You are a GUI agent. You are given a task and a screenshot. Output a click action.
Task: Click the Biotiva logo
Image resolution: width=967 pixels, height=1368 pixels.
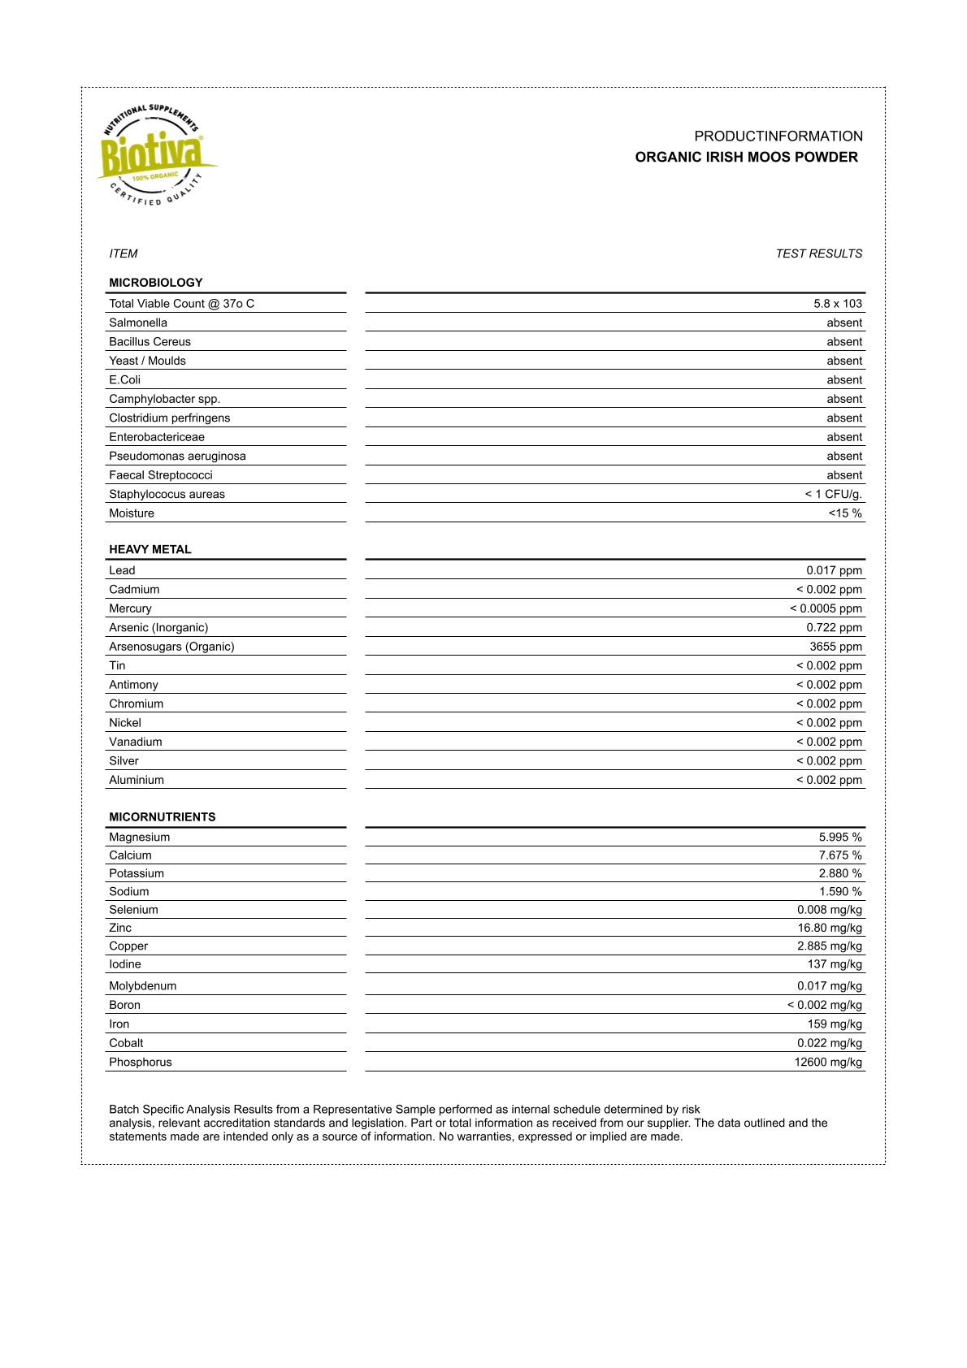(154, 154)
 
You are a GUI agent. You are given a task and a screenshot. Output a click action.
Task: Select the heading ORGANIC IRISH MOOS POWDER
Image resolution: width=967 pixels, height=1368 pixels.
(746, 158)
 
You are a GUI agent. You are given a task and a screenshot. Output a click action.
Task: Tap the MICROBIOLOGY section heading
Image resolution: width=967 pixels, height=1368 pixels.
(156, 283)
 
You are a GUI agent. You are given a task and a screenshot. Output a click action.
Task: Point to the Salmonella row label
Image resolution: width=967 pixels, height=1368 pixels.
(138, 323)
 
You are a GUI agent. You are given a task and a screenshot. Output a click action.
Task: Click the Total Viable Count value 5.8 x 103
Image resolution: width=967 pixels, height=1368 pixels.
(838, 304)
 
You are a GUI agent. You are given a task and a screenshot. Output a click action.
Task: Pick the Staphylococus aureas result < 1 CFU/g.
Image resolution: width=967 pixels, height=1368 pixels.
(834, 494)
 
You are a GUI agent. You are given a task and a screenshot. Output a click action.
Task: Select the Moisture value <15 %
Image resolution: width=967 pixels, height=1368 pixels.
(845, 513)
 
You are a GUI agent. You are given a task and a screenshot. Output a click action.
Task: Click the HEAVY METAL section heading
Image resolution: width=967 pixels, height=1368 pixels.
(150, 549)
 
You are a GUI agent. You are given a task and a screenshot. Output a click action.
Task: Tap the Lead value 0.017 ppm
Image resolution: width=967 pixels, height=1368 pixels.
(835, 570)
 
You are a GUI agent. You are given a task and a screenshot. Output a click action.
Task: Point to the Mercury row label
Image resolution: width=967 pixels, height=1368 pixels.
(130, 608)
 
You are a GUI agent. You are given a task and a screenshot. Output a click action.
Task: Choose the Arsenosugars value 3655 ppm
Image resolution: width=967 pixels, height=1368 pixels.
(836, 647)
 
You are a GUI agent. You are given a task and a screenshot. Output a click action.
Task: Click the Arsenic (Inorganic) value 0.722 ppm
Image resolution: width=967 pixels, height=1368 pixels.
(835, 628)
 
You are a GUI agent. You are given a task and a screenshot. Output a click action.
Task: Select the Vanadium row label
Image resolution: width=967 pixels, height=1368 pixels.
(136, 742)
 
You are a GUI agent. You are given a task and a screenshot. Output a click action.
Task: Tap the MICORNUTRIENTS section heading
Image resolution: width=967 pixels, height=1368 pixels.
(163, 817)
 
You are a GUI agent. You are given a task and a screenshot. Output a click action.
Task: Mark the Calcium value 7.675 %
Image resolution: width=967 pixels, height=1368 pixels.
(840, 855)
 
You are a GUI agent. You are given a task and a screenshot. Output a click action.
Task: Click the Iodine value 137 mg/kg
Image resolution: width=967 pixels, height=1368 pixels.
(835, 964)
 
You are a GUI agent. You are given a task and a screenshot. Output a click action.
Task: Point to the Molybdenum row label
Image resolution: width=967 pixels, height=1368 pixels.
(143, 986)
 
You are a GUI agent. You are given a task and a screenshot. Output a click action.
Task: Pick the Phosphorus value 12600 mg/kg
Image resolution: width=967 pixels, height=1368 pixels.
(828, 1063)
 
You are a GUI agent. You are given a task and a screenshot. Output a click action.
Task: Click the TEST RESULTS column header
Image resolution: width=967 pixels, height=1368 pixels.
(818, 253)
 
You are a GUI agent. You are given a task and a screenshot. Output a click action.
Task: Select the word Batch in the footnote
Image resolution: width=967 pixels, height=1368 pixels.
(124, 1109)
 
